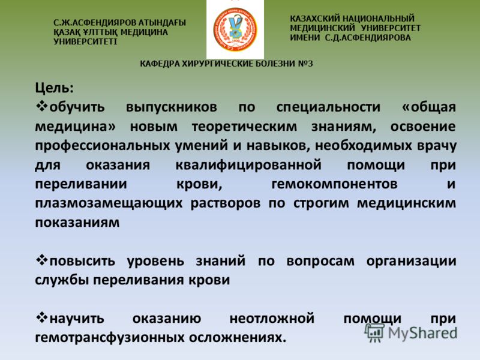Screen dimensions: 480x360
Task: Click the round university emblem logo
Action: click(x=235, y=29)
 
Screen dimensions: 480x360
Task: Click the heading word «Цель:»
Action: click(x=54, y=88)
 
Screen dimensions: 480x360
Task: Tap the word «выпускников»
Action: click(x=172, y=107)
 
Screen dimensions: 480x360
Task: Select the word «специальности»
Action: click(x=328, y=107)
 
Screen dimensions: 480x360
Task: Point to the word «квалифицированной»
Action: click(x=248, y=166)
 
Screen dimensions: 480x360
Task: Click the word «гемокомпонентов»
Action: click(x=334, y=184)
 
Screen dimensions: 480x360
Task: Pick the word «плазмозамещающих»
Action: click(x=109, y=203)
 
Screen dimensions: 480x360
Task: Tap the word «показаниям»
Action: click(x=77, y=223)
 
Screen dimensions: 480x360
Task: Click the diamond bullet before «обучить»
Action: click(x=41, y=106)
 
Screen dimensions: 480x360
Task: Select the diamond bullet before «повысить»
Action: click(x=41, y=260)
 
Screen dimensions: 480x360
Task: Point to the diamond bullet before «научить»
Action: click(x=41, y=318)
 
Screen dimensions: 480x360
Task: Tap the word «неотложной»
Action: click(x=272, y=319)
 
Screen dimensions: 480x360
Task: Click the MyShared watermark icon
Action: click(x=374, y=332)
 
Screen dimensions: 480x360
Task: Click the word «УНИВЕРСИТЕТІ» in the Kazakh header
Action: click(x=85, y=41)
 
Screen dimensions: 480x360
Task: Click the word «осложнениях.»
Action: click(x=237, y=338)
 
